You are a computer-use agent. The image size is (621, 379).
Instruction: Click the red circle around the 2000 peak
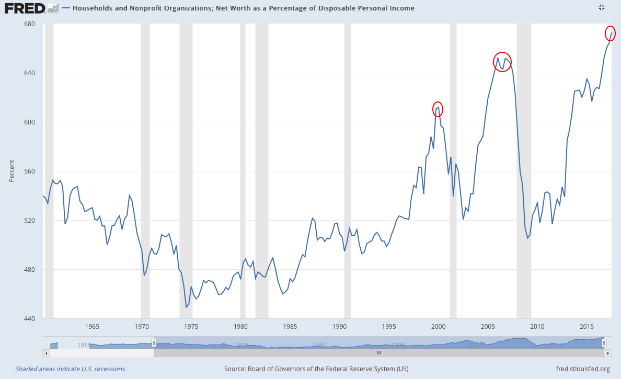[438, 109]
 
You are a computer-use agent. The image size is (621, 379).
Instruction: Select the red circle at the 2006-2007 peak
[502, 62]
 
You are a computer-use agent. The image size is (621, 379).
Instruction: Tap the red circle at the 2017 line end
[610, 32]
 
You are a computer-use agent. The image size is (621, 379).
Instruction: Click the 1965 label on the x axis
[92, 327]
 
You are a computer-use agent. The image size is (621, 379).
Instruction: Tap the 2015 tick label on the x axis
[586, 327]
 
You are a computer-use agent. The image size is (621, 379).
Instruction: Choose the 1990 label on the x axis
[339, 327]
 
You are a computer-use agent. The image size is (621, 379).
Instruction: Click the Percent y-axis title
[11, 171]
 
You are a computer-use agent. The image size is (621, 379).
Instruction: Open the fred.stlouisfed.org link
[583, 369]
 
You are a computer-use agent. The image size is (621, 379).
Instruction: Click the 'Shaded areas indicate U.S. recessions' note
[70, 369]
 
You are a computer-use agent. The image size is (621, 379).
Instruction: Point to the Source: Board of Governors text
[316, 369]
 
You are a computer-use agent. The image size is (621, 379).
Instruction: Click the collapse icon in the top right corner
[601, 7]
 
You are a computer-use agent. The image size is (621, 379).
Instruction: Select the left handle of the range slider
[154, 343]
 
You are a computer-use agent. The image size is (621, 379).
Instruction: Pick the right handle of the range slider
[604, 343]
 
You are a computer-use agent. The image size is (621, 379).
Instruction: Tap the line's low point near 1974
[187, 307]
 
